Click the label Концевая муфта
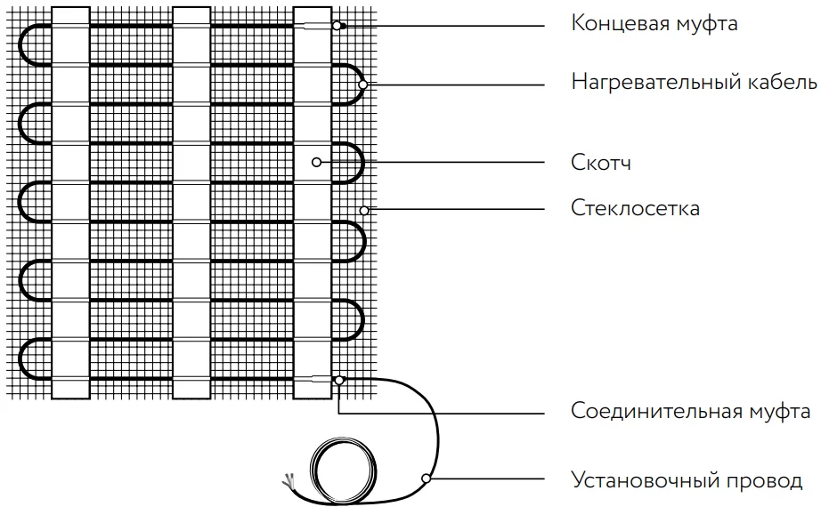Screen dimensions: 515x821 (654, 24)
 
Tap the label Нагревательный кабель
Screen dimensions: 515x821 (694, 84)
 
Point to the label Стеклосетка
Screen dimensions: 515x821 (635, 208)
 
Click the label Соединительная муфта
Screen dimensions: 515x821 (690, 412)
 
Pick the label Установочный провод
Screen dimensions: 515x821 (686, 481)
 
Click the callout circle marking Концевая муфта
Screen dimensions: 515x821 (337, 26)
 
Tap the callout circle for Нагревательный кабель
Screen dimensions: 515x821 (363, 84)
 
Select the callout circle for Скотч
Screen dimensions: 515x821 (316, 162)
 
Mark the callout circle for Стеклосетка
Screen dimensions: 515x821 (364, 210)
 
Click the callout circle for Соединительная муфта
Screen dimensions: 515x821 (338, 381)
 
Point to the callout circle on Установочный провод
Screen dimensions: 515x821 (427, 479)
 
